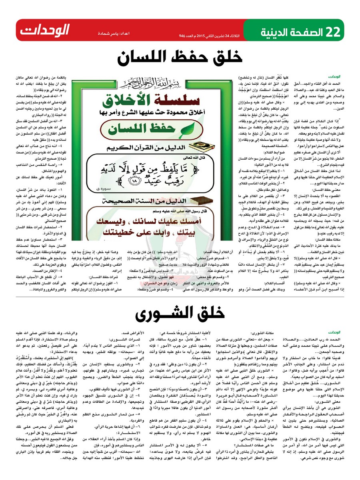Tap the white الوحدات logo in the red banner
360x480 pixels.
[x=45, y=30]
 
